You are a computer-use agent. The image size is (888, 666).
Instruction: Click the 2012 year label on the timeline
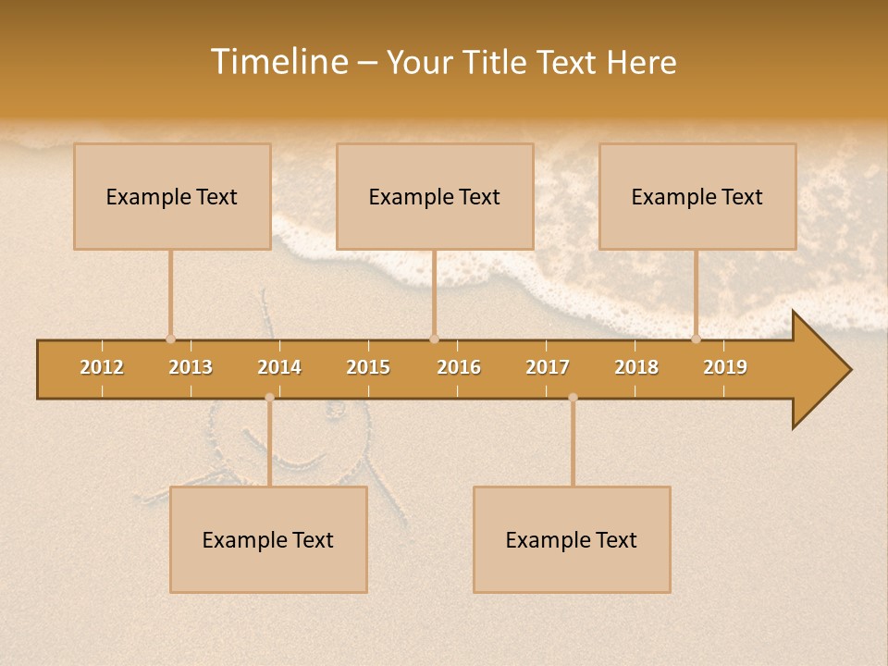pos(102,367)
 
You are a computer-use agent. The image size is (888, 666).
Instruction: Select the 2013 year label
pos(191,367)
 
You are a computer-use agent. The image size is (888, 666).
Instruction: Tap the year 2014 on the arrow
pos(279,367)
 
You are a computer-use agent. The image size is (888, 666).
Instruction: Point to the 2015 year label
pos(368,367)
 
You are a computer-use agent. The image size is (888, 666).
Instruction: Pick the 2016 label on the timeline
pos(459,367)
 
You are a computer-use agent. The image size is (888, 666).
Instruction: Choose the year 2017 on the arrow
pos(548,367)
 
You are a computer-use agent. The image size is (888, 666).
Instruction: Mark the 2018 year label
pos(636,367)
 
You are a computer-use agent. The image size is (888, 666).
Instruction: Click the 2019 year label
pos(725,367)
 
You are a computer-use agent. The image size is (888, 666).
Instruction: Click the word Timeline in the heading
pos(278,62)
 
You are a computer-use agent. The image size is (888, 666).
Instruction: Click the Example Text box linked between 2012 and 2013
pos(172,196)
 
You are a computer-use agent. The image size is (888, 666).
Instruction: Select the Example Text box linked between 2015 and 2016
pos(435,196)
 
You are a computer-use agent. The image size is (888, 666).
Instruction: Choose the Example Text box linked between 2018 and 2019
pos(697,196)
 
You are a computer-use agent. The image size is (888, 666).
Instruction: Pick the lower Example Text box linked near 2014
pos(268,539)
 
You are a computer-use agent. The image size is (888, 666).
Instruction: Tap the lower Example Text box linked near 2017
pos(572,539)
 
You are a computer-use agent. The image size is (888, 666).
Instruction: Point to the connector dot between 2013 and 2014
pos(269,398)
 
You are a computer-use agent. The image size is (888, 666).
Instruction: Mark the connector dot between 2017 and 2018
pos(573,398)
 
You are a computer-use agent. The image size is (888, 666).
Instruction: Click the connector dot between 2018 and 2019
pos(697,339)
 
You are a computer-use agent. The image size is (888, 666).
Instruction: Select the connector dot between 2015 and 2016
pos(434,339)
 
